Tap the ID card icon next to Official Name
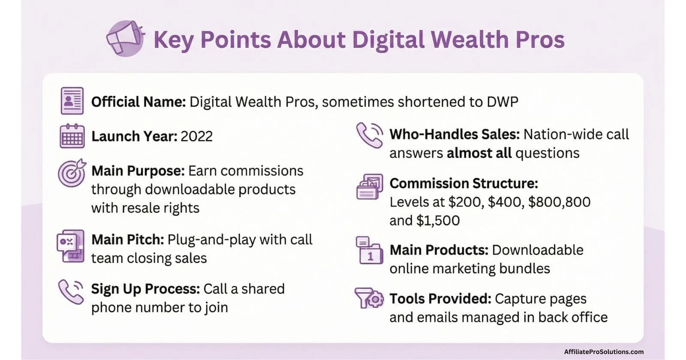click(x=72, y=101)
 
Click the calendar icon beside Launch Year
click(x=72, y=136)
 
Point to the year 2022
click(x=196, y=136)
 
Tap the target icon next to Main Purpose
click(x=72, y=173)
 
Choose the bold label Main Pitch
click(x=127, y=240)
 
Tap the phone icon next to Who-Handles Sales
click(x=369, y=135)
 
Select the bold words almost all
click(x=479, y=153)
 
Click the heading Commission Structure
click(x=463, y=183)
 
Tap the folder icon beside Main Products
click(x=369, y=250)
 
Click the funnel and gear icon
click(x=369, y=298)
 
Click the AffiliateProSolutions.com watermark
click(x=603, y=352)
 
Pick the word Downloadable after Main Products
click(x=538, y=250)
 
